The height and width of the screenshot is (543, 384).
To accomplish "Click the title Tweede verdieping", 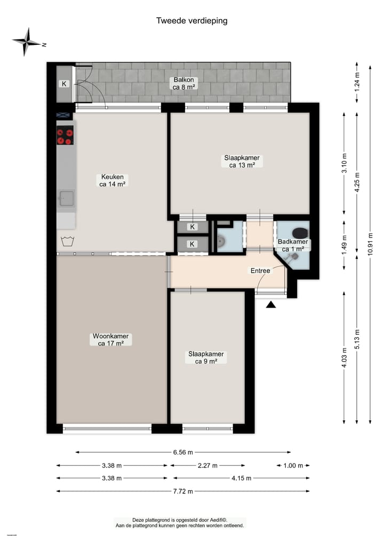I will (191, 21).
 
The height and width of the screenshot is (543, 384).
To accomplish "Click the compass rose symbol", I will (26, 42).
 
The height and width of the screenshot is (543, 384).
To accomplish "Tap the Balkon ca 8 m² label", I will (183, 83).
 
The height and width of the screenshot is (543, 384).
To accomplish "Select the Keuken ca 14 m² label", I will (112, 180).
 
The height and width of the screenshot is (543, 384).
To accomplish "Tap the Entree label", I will (260, 271).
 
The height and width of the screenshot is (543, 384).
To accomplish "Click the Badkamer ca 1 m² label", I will (293, 245).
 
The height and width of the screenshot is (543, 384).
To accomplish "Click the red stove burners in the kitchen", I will (65, 135).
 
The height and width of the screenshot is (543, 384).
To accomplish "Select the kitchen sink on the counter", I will (66, 199).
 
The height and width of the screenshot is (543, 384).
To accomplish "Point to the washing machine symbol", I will (67, 241).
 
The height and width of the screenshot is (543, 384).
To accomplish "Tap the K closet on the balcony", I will (64, 84).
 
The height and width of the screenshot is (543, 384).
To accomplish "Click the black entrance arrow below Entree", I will (271, 305).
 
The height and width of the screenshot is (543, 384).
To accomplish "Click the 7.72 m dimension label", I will (183, 491).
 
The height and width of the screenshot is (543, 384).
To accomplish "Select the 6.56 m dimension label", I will (183, 452).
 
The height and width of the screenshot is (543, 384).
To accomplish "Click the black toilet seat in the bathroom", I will (300, 233).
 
